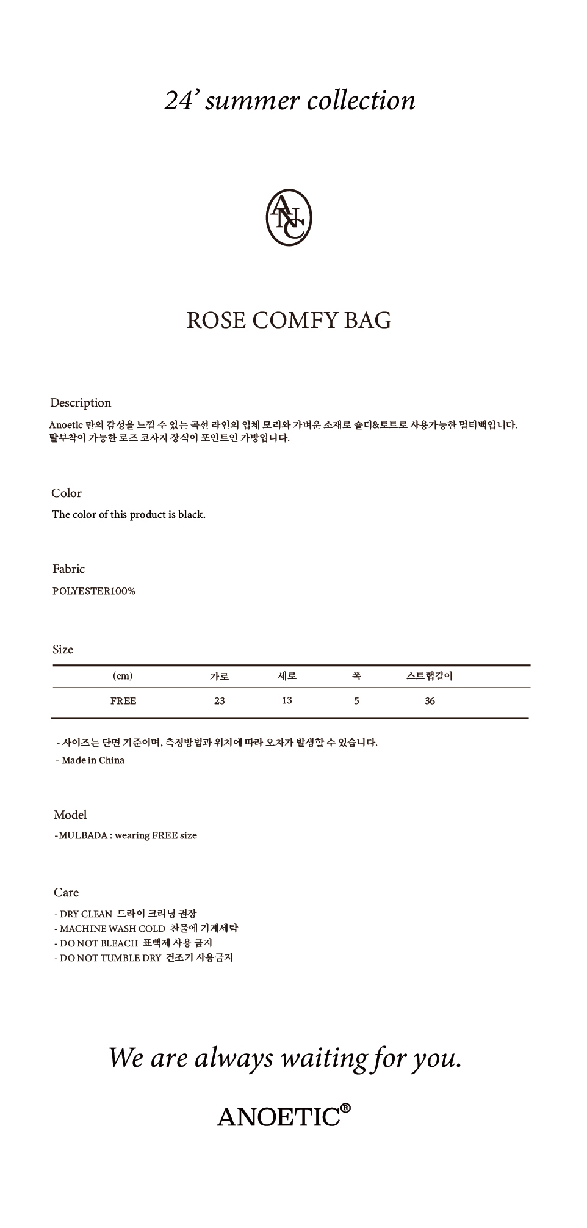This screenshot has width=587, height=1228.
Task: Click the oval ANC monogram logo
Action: click(x=289, y=217)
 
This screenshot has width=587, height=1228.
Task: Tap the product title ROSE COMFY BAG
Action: click(x=289, y=320)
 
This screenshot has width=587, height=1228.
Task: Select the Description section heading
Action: click(x=81, y=403)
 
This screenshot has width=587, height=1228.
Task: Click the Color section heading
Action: click(x=67, y=493)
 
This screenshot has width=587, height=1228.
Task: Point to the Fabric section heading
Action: click(x=68, y=569)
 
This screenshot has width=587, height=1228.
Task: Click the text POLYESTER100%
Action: click(x=94, y=591)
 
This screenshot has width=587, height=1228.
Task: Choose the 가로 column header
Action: click(x=219, y=676)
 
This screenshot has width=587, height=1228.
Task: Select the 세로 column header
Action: click(x=287, y=676)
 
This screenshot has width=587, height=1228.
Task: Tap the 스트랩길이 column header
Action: click(x=430, y=676)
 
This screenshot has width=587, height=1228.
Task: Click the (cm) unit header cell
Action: click(x=123, y=676)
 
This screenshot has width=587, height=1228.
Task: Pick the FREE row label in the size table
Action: click(x=123, y=701)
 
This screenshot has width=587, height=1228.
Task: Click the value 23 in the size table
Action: click(x=220, y=701)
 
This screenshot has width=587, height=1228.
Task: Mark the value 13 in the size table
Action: click(x=287, y=700)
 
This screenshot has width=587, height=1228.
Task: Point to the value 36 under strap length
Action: click(x=430, y=701)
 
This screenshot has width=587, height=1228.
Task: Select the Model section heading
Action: click(x=70, y=815)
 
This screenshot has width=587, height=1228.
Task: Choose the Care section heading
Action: click(x=66, y=893)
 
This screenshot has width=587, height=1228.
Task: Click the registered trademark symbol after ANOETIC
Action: click(x=345, y=1107)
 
